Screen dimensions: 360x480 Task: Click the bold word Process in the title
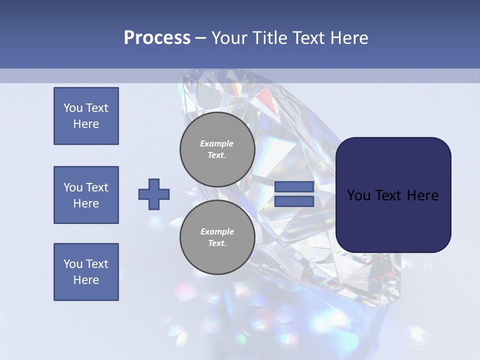pos(157,38)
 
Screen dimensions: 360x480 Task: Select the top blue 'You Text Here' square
pos(86,116)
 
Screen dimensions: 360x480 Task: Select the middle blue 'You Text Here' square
pos(86,195)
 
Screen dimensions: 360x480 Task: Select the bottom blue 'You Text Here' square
pos(86,272)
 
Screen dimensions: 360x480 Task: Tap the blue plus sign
pos(154,194)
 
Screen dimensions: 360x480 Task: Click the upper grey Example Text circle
pos(217,149)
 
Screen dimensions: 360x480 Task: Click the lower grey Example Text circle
pos(217,237)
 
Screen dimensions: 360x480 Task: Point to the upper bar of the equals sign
pos(294,186)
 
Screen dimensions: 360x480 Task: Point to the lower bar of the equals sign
pos(294,201)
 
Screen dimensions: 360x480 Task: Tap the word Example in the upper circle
pos(216,143)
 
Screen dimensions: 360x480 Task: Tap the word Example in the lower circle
pos(217,231)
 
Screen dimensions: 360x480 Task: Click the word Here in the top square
pos(86,124)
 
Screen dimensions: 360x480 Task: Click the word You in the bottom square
pos(73,264)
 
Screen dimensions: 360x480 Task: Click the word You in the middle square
pos(73,187)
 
